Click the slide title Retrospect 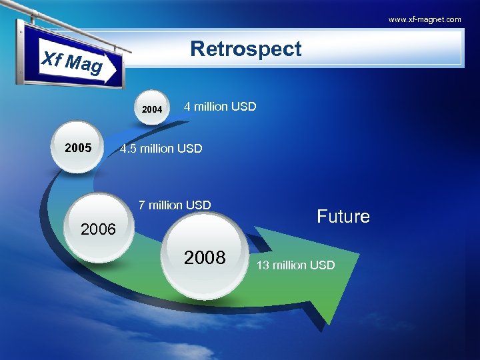tap(245, 49)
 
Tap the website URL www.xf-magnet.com tap(425, 19)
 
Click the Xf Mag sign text tap(72, 62)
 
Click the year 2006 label tap(98, 229)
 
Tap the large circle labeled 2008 tap(205, 258)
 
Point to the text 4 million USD tap(219, 107)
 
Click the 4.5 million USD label tap(161, 149)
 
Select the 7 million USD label tap(174, 205)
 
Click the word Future tap(343, 217)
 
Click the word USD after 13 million tap(323, 265)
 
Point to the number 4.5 tap(127, 149)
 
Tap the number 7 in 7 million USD tap(142, 205)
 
